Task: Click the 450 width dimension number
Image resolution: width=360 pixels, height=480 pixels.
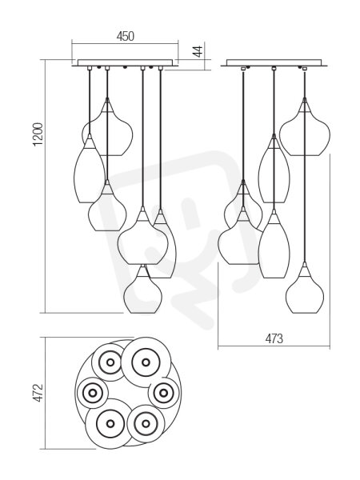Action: (126, 36)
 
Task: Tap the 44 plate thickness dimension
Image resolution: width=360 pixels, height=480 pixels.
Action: (198, 51)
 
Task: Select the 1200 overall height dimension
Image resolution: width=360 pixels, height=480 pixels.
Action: (39, 134)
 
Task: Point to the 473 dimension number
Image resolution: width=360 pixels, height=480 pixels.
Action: (274, 338)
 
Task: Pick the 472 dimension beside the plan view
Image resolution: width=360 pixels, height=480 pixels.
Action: (39, 393)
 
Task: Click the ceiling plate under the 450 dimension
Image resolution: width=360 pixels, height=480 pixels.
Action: (126, 62)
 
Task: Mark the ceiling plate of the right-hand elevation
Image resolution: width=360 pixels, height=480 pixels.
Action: (274, 62)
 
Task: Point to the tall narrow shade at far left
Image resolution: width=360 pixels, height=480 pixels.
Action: (90, 169)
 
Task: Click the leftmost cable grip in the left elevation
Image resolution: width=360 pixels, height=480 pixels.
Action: (89, 68)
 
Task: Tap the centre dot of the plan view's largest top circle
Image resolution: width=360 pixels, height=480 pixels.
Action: (146, 362)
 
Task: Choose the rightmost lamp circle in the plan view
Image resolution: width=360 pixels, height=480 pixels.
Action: (163, 392)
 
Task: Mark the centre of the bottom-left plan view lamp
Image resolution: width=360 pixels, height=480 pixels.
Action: (110, 424)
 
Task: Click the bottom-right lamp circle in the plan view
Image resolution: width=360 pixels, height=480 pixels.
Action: (146, 424)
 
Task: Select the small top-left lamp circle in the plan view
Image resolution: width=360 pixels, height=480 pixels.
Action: (110, 362)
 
